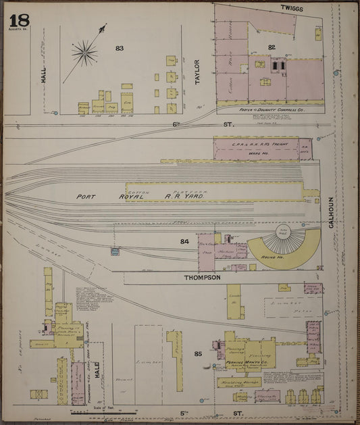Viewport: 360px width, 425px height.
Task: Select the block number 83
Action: pos(120,48)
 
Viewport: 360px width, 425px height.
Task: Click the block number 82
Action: pos(272,47)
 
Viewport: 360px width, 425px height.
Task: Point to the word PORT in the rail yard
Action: pos(87,197)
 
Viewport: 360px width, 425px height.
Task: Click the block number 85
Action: pos(198,353)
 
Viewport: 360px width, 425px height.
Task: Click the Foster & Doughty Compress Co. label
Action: pos(269,108)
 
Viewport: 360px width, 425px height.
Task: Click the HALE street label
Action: pos(97,369)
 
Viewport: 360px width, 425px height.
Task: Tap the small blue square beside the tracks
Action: pos(115,251)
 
